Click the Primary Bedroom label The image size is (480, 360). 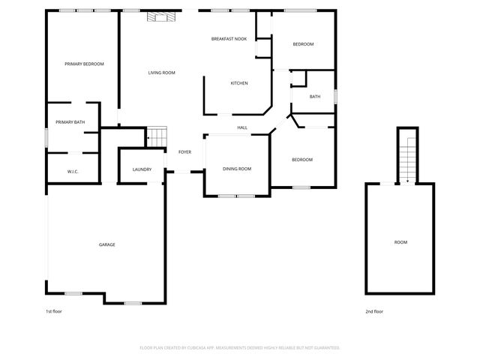[83, 64]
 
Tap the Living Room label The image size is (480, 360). [161, 73]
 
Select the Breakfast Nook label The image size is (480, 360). [228, 39]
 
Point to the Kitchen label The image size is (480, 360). [238, 83]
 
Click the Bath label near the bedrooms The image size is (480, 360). [315, 96]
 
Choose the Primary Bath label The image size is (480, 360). [70, 122]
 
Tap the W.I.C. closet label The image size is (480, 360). [73, 172]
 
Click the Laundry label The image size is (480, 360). [142, 169]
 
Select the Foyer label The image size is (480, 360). [184, 152]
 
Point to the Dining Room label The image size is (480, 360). [236, 169]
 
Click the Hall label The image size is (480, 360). [242, 128]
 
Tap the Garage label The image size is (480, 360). [106, 245]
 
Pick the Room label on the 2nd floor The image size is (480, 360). [401, 242]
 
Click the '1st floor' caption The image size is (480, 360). [54, 311]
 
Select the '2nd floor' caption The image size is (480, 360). [373, 311]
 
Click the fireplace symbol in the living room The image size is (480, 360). [163, 16]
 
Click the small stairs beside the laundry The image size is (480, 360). [156, 136]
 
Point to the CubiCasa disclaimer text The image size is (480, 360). [240, 348]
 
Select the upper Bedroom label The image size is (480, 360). [302, 44]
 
